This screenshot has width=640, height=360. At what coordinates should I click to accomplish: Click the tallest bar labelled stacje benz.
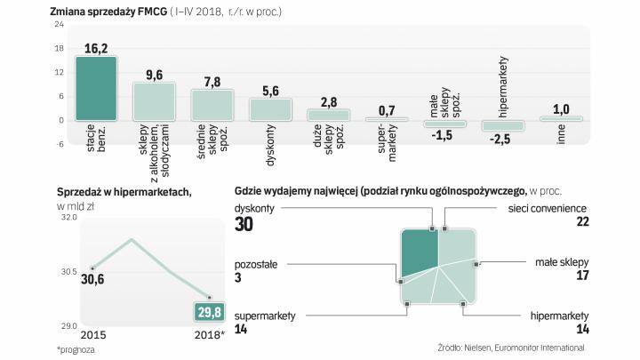(95, 88)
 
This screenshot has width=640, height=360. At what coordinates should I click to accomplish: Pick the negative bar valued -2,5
(502, 125)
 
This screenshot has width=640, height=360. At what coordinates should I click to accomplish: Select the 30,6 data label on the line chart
(92, 279)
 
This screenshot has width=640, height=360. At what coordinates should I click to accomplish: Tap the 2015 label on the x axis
(92, 337)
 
